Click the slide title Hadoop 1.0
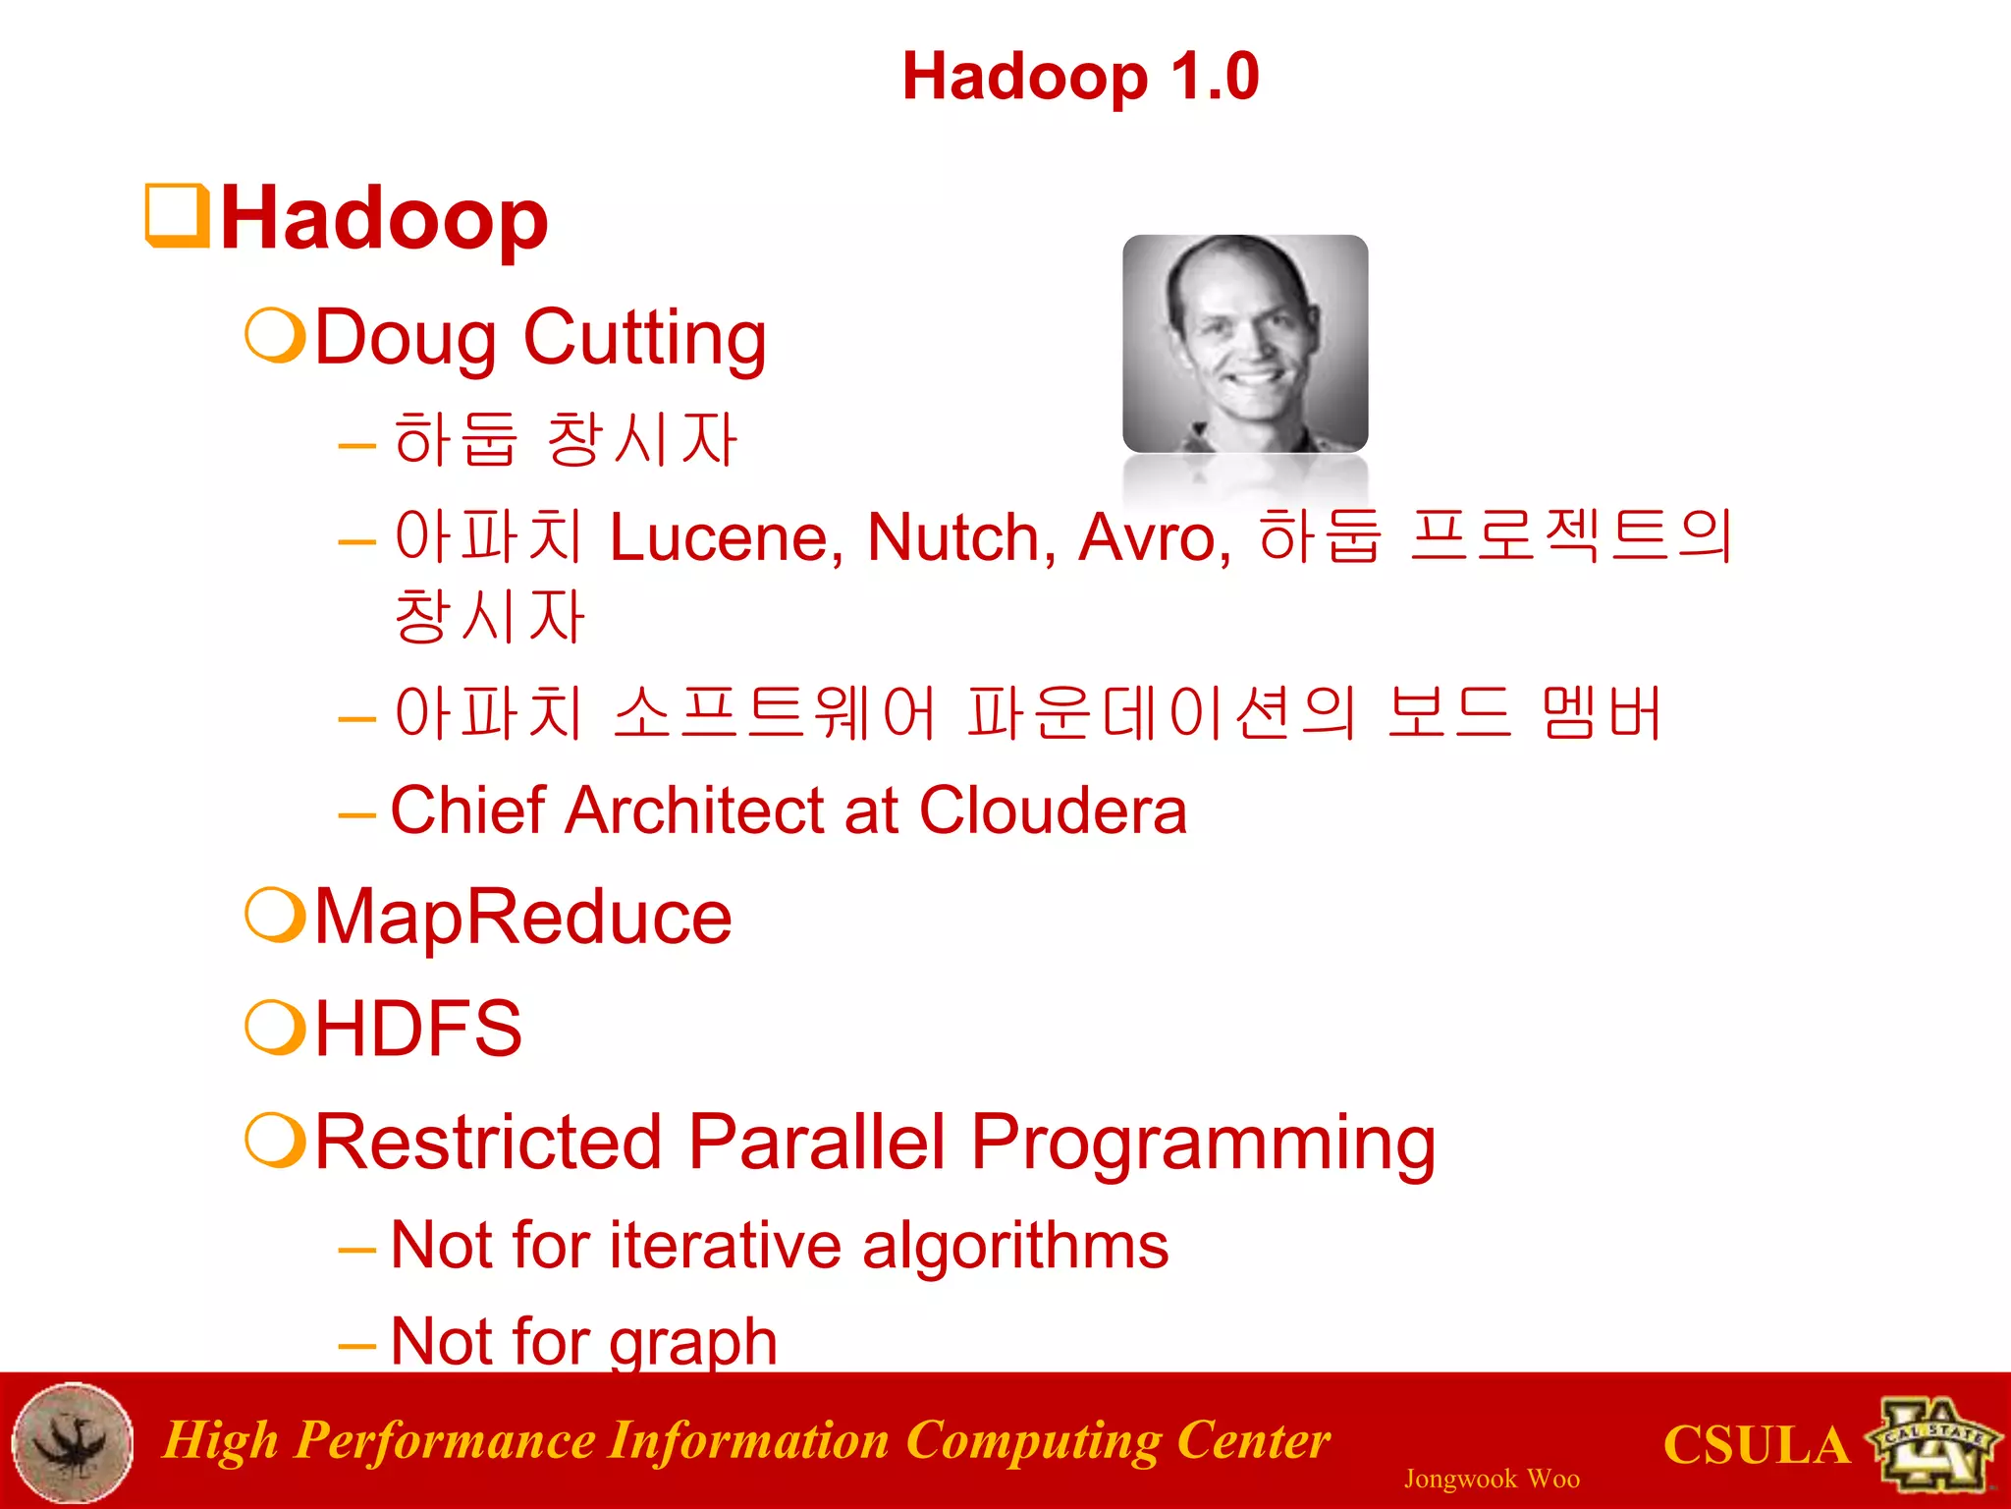1080,77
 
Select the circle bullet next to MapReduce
274,916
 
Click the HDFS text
418,1029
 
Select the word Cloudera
1053,811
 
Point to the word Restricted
488,1143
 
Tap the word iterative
725,1246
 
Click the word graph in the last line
693,1343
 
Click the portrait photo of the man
1245,344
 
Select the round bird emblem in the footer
73,1442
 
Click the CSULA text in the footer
1756,1446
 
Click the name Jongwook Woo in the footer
1492,1480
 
